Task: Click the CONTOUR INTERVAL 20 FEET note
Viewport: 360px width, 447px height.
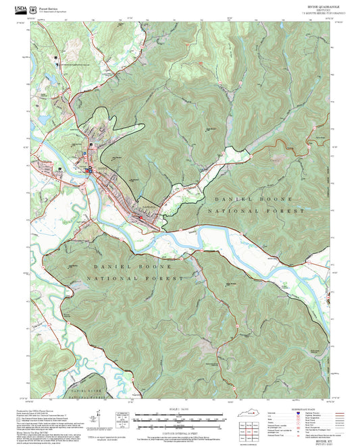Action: (x=180, y=431)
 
